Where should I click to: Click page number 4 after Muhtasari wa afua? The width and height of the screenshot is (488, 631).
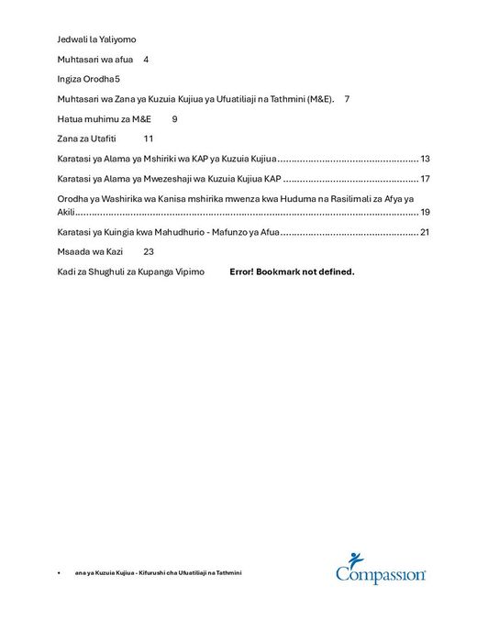[147, 60]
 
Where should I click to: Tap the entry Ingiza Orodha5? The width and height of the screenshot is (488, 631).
[89, 79]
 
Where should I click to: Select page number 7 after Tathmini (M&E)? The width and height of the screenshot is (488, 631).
[347, 98]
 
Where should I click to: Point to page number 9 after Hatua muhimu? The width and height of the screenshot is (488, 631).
[175, 118]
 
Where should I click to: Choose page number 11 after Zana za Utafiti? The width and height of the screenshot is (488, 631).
[150, 138]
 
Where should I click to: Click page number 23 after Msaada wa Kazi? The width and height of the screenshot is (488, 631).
[150, 251]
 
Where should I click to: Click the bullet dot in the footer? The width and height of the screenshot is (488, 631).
[59, 572]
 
